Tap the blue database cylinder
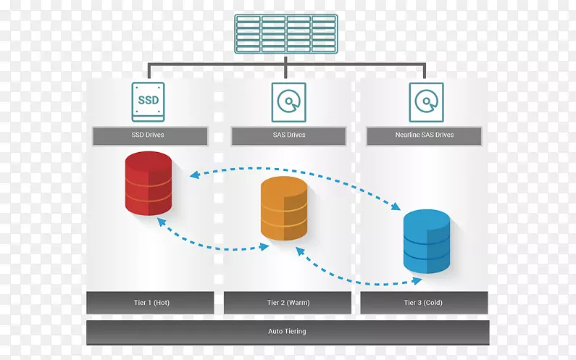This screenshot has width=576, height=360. [426, 241]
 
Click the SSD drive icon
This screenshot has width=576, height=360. [148, 101]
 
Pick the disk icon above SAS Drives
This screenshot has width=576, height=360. [288, 101]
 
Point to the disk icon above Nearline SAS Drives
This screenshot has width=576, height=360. [425, 101]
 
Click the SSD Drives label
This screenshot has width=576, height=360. [150, 135]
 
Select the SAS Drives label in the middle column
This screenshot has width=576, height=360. [288, 135]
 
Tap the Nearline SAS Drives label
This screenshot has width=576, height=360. [424, 135]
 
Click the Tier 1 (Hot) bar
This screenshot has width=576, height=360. [150, 303]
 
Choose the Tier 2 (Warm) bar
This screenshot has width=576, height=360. [287, 303]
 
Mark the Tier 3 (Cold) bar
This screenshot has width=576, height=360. [424, 303]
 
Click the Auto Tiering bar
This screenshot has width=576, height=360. [287, 332]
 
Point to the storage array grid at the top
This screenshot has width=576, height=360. [287, 33]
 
